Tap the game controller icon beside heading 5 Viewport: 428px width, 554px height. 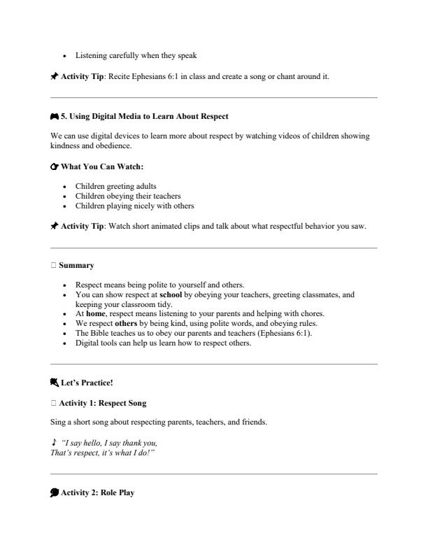point(55,115)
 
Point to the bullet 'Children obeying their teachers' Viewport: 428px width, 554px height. point(128,196)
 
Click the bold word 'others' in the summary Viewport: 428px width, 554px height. point(126,323)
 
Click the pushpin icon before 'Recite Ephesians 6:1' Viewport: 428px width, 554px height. point(55,76)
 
